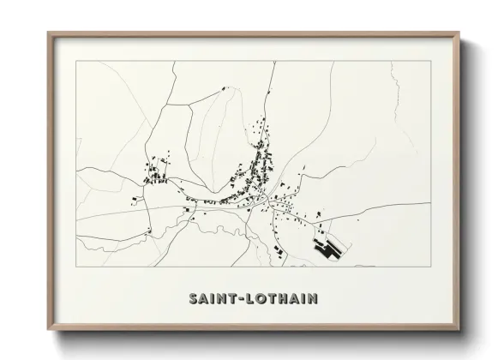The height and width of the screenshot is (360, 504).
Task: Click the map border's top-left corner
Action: tap(77, 63)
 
